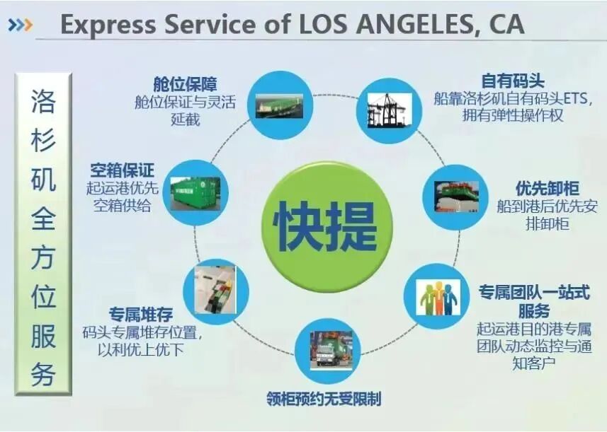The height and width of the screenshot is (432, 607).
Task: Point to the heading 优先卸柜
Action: [x=548, y=189]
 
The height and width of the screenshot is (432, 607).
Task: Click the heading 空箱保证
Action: [x=122, y=170]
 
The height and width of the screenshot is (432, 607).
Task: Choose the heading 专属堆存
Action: [x=140, y=313]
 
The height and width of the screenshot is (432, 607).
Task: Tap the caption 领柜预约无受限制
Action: [x=324, y=399]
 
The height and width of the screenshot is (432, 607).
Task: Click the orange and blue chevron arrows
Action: [x=20, y=26]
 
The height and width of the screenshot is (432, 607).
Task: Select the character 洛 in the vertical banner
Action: [x=42, y=102]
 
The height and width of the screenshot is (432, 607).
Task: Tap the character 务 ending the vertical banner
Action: [x=42, y=373]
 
